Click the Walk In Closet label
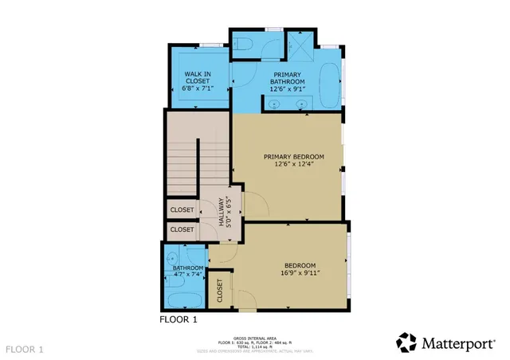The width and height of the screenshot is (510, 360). click(x=197, y=78)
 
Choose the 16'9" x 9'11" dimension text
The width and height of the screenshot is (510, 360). click(x=300, y=273)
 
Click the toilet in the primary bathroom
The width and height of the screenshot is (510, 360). click(x=245, y=44)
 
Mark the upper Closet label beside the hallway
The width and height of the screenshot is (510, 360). click(x=181, y=210)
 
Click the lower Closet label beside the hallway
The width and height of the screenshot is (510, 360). click(x=181, y=229)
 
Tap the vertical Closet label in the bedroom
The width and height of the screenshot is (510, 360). click(x=220, y=292)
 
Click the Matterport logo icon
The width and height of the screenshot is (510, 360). click(x=406, y=342)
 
